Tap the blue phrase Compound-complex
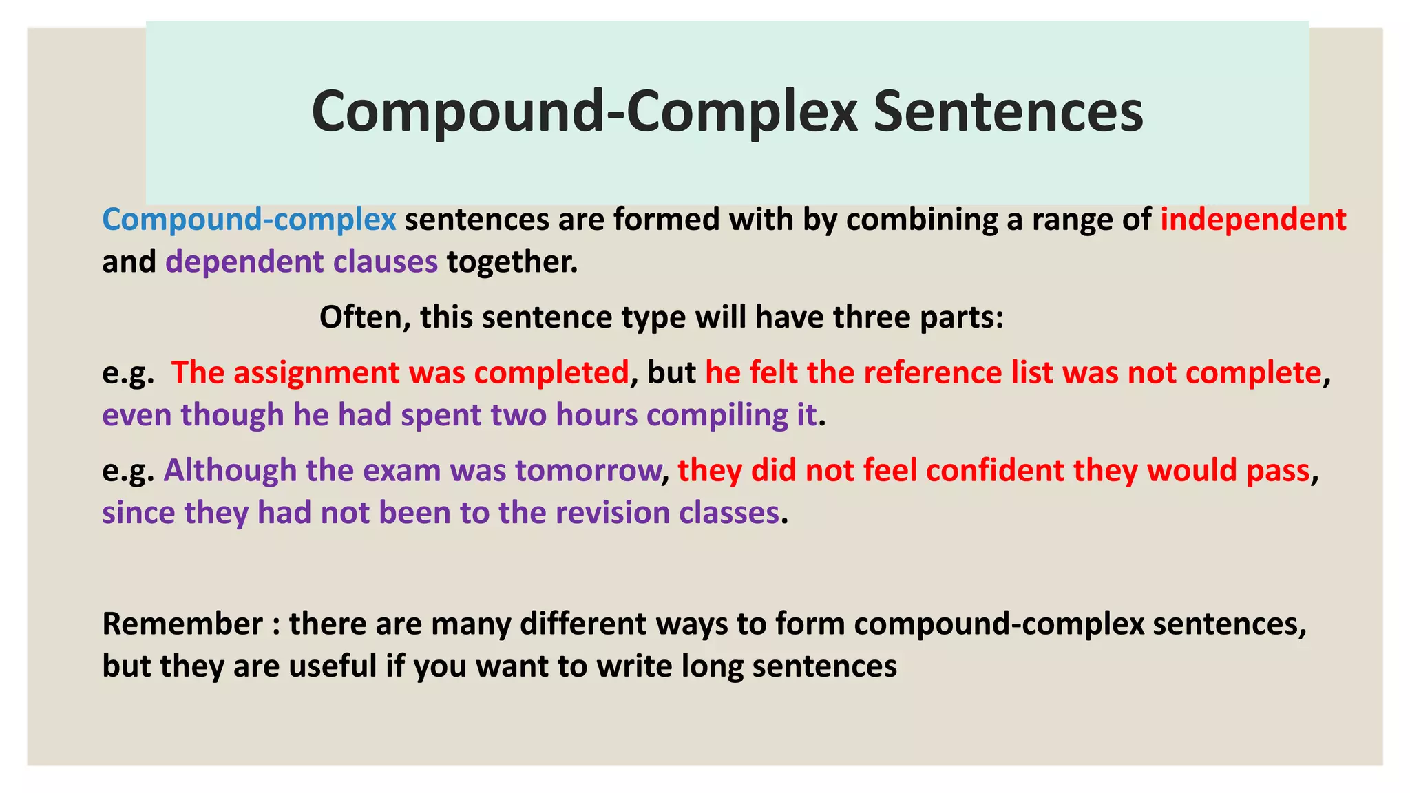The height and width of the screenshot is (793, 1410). click(249, 220)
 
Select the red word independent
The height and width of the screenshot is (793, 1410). click(1253, 220)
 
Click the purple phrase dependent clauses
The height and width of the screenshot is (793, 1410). click(302, 262)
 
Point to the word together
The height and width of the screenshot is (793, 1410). click(512, 262)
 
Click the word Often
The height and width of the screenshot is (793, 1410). click(364, 317)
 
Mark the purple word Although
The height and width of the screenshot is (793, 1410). click(230, 471)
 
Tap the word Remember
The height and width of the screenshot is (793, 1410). click(182, 624)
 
